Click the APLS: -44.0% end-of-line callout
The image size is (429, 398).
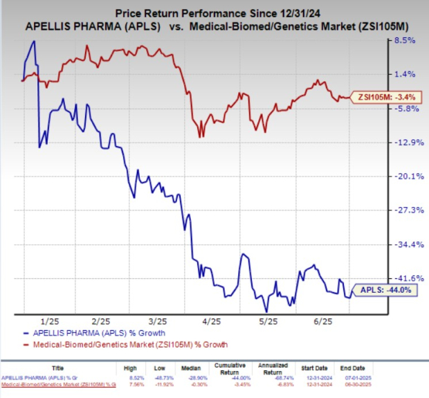tap(385, 291)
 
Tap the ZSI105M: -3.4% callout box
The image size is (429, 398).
tap(385, 97)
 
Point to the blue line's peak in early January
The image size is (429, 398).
tap(34, 42)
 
